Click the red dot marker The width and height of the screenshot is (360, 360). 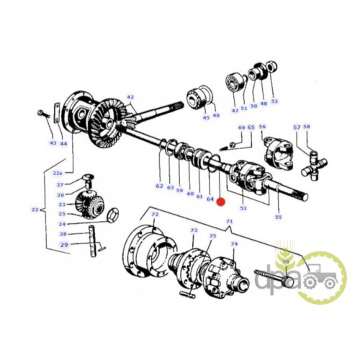click(x=220, y=202)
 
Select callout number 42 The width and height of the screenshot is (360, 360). click(x=130, y=97)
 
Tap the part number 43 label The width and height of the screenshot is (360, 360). click(x=53, y=143)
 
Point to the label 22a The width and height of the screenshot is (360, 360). click(x=58, y=173)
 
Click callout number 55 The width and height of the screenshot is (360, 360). click(x=278, y=217)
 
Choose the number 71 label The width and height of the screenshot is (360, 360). click(x=230, y=221)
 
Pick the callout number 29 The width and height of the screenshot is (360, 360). click(x=64, y=245)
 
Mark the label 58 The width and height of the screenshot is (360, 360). click(x=307, y=127)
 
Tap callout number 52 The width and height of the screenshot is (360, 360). click(x=274, y=102)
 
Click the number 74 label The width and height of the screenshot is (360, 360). click(x=234, y=244)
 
